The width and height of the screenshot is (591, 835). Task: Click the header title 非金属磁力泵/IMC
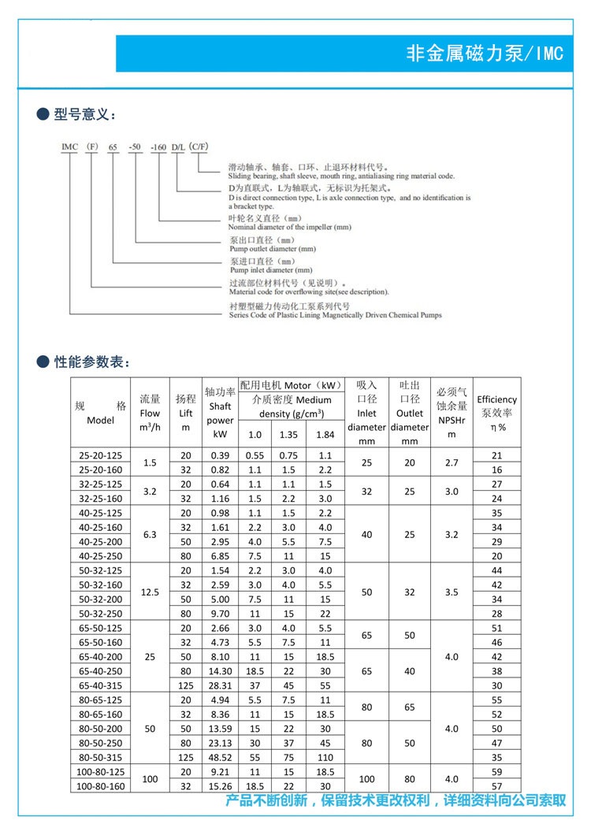484,54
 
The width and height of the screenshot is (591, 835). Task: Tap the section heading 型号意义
84,116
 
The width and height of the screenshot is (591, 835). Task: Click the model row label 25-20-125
101,455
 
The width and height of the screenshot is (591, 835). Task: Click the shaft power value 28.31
219,685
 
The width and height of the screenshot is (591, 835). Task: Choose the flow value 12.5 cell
150,592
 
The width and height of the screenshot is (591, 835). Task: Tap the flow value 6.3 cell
150,534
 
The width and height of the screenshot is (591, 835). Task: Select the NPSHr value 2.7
452,462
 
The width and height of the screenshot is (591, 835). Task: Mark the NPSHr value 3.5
452,592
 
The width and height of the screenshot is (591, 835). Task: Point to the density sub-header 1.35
288,434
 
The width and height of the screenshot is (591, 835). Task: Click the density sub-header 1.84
325,434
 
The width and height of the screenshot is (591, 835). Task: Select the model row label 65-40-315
101,685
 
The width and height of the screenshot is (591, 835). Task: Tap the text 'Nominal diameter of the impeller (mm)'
289,227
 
